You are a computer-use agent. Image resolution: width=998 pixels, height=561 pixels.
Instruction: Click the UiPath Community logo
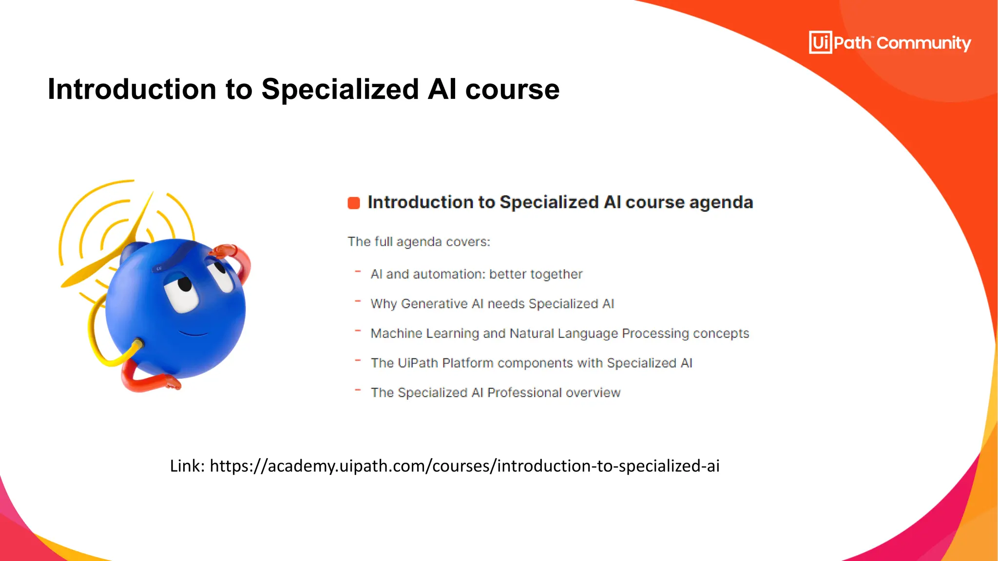889,43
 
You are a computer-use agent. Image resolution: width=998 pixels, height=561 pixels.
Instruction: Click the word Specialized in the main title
340,89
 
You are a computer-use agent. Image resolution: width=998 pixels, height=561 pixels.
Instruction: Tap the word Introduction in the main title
132,89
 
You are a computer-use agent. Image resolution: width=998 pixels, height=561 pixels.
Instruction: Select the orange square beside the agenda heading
354,203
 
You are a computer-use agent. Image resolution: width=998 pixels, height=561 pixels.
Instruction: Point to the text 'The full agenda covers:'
419,242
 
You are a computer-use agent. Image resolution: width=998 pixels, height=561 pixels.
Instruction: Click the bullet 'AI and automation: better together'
476,274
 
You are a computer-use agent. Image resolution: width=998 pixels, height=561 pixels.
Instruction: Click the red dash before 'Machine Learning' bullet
358,331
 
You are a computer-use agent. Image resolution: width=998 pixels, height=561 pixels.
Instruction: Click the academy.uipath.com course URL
464,466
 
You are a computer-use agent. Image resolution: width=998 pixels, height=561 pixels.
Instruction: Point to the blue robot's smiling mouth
193,334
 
